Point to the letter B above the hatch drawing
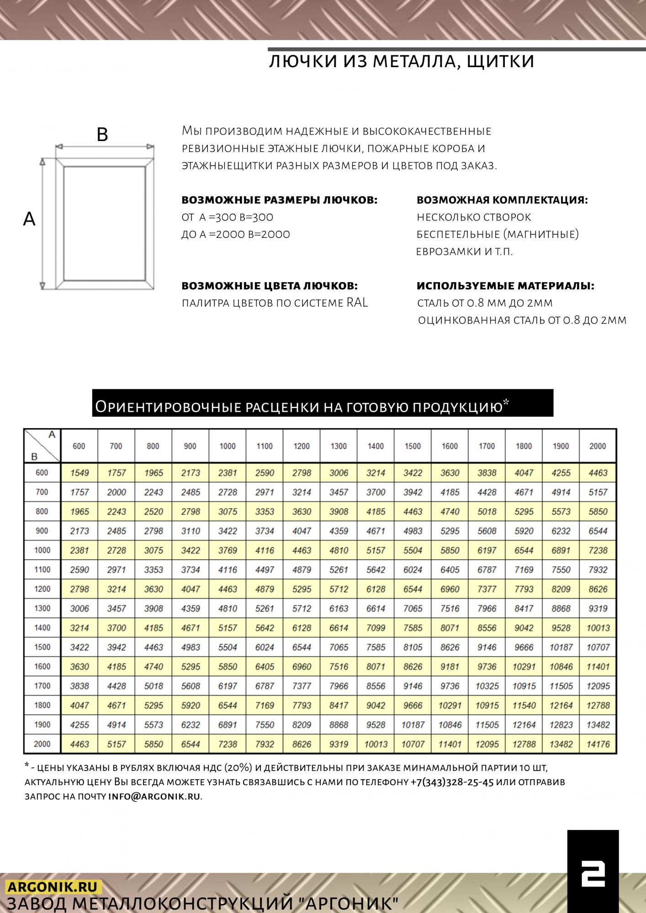tap(102, 135)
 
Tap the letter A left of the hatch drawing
tap(29, 220)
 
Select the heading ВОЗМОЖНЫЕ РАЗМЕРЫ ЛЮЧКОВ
tap(279, 200)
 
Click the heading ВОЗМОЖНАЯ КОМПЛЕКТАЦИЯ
tap(502, 200)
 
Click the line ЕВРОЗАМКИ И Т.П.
tap(464, 252)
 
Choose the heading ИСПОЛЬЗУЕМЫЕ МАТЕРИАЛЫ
tap(505, 286)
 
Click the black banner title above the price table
tap(323, 404)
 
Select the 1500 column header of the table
tap(413, 446)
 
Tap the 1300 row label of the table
tap(42, 608)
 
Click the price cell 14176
tap(598, 744)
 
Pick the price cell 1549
tap(79, 473)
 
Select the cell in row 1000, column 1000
tap(228, 550)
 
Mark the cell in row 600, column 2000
tap(598, 473)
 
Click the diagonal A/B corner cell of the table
tap(42, 446)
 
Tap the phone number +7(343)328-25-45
tap(452, 782)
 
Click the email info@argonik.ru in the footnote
tap(154, 797)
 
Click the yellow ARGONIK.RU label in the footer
tap(53, 887)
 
